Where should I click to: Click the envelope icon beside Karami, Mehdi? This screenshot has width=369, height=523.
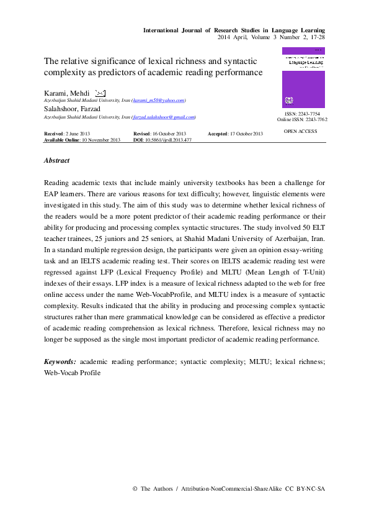click(x=100, y=93)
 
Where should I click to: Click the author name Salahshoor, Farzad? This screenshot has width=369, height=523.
click(x=73, y=109)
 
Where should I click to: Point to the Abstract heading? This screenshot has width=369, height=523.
click(x=56, y=160)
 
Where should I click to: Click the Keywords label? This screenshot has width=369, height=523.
click(x=60, y=361)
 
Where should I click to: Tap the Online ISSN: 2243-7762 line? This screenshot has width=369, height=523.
click(x=302, y=119)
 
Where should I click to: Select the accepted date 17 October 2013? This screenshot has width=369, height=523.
click(x=246, y=134)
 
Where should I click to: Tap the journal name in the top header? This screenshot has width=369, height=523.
click(x=234, y=30)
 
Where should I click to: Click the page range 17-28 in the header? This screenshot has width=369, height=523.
click(x=316, y=37)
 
